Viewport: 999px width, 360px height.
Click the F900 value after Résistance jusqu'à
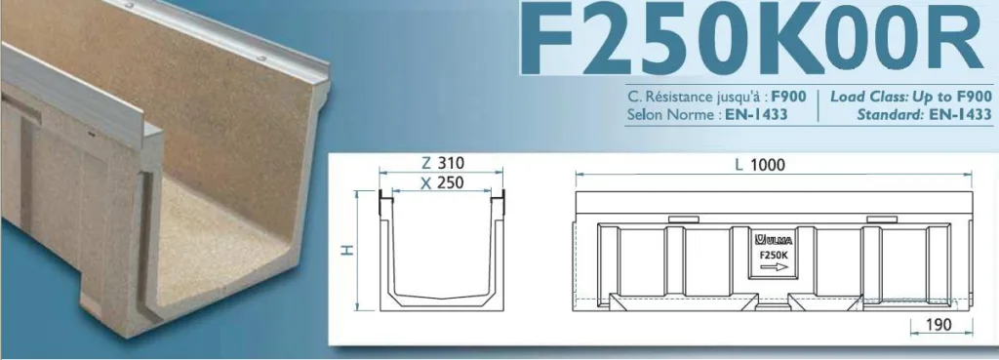[788, 98]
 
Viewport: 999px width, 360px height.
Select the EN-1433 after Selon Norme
[756, 115]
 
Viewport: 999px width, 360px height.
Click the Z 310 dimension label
[443, 163]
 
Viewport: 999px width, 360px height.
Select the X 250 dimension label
[443, 182]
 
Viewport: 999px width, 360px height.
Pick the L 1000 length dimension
[760, 165]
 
